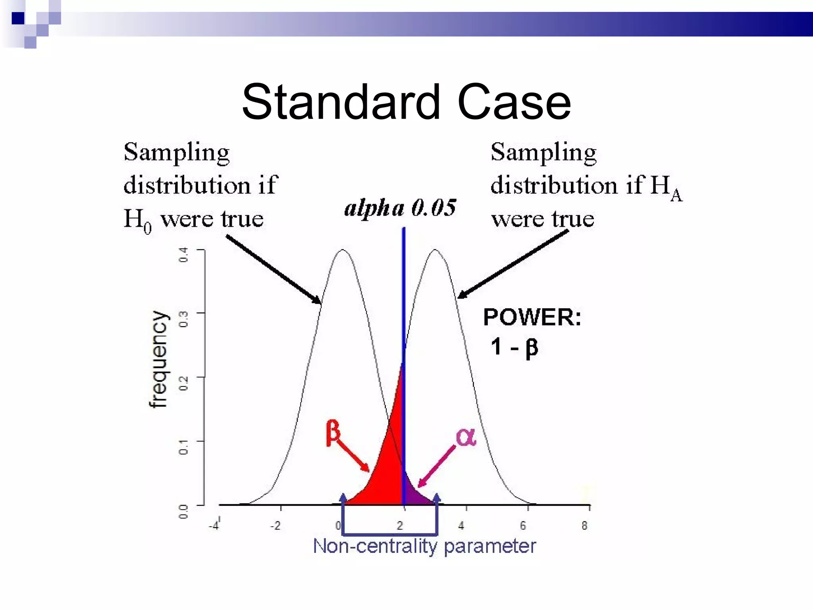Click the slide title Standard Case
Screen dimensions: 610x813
406,102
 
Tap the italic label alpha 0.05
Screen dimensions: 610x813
400,208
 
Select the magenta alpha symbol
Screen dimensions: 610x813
466,437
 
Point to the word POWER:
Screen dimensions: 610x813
532,317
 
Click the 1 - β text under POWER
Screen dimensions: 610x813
514,347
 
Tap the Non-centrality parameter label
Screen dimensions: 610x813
424,546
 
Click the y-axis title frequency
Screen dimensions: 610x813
159,359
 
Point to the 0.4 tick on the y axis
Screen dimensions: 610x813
183,255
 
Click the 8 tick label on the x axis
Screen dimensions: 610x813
584,526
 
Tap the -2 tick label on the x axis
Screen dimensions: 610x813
275,526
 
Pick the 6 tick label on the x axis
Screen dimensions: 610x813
523,526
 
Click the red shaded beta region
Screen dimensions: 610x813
387,469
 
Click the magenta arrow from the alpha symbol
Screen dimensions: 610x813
437,467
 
